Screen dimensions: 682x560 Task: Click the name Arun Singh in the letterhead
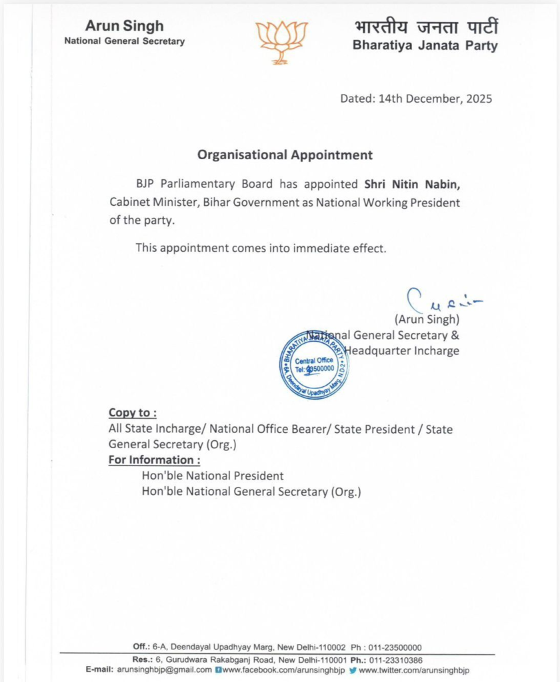click(124, 27)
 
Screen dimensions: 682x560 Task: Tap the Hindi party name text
click(426, 28)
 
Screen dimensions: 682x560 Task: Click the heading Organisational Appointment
click(285, 155)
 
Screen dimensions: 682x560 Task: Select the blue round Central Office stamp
click(314, 364)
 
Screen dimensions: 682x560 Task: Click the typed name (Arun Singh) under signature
click(427, 320)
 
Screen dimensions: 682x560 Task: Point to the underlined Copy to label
click(133, 413)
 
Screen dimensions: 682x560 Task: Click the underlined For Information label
click(154, 460)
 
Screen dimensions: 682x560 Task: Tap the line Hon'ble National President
click(213, 476)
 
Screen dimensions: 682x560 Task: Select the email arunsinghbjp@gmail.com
click(165, 669)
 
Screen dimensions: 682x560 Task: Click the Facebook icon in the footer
click(219, 669)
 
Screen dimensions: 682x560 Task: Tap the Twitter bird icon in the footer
click(353, 669)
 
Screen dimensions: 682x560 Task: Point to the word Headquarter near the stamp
click(377, 351)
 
